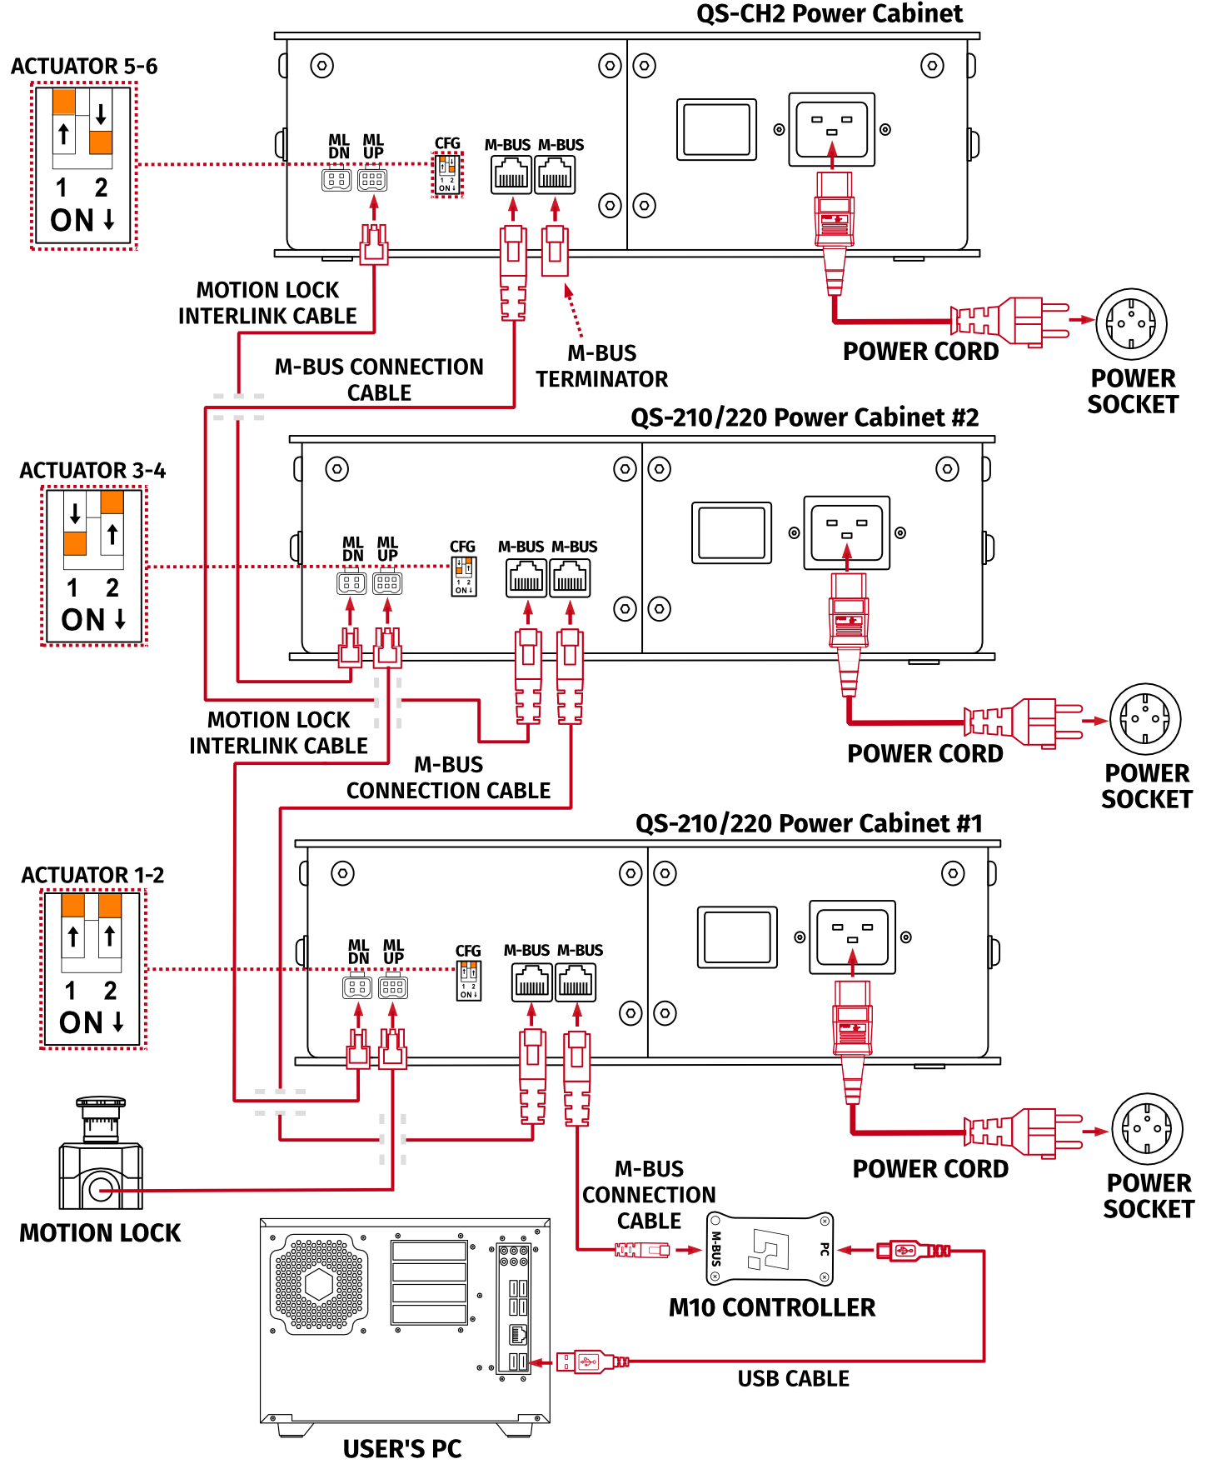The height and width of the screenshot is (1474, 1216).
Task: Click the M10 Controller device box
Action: pyautogui.click(x=770, y=1248)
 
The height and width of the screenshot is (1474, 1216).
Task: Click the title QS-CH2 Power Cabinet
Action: pyautogui.click(x=829, y=14)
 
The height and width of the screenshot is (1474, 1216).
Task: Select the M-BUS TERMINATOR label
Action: pyautogui.click(x=601, y=366)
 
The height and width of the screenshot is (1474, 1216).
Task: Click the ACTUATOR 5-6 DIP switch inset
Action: pyautogui.click(x=83, y=166)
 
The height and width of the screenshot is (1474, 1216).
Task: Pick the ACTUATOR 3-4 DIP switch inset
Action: pyautogui.click(x=93, y=567)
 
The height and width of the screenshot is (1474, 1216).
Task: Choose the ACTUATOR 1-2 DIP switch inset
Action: pyautogui.click(x=92, y=969)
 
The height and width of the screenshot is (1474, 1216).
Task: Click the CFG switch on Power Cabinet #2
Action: pyautogui.click(x=464, y=576)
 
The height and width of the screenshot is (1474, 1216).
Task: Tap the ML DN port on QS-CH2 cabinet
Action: pyautogui.click(x=336, y=180)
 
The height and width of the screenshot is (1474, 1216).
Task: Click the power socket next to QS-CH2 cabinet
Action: pyautogui.click(x=1131, y=324)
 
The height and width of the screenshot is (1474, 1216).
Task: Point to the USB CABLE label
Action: pyautogui.click(x=793, y=1379)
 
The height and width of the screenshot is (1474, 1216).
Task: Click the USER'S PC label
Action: pyautogui.click(x=402, y=1449)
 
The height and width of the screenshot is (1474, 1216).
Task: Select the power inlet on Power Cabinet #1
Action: pyautogui.click(x=852, y=937)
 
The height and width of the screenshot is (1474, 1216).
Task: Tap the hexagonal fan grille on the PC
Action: pyautogui.click(x=318, y=1284)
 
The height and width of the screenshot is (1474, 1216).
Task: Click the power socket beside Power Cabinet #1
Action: pyautogui.click(x=1147, y=1129)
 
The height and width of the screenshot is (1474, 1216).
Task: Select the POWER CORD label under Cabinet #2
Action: pyautogui.click(x=924, y=754)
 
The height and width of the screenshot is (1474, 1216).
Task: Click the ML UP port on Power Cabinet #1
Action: pyautogui.click(x=393, y=987)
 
